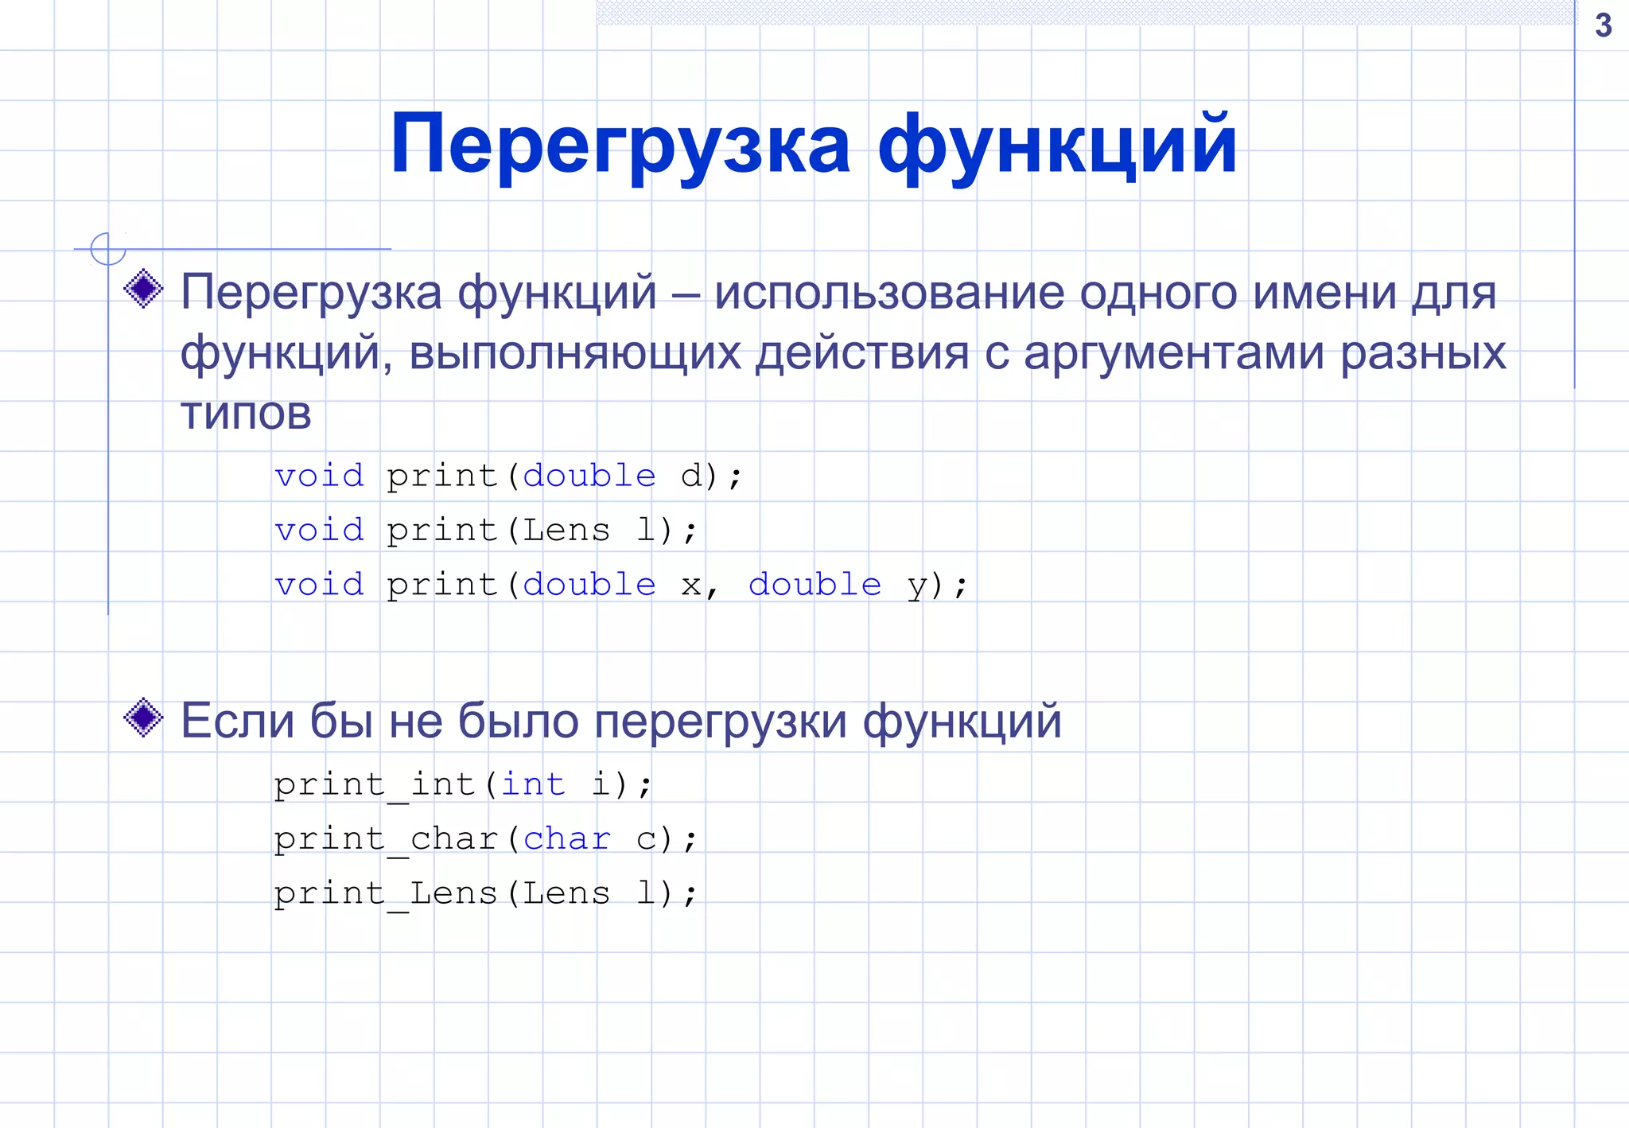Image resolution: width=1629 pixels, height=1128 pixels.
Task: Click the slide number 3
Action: coord(1603,25)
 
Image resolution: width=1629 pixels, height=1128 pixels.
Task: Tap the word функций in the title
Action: coord(1057,144)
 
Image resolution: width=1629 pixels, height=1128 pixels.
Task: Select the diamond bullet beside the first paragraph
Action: coord(144,288)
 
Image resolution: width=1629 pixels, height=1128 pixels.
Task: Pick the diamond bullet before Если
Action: coord(144,718)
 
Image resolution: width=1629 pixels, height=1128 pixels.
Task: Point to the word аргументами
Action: coord(1174,352)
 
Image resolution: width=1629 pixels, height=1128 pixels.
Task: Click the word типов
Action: coord(246,413)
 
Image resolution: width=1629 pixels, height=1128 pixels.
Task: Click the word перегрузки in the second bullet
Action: coord(721,721)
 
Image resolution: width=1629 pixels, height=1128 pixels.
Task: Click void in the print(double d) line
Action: coord(319,476)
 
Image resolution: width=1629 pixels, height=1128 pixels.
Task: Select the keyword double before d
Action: coord(589,476)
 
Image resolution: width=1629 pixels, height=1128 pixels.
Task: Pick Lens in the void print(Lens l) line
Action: coord(566,531)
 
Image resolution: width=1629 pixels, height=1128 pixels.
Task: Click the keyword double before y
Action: coord(814,585)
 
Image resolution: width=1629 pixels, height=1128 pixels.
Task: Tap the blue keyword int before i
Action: coord(533,784)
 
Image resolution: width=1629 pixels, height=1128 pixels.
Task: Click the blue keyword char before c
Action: coord(567,838)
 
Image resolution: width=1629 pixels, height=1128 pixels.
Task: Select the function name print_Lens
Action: coord(386,893)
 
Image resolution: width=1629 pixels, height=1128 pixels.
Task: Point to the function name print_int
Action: coord(374,784)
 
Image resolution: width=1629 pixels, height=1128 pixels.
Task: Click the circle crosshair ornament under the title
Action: coord(108,248)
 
